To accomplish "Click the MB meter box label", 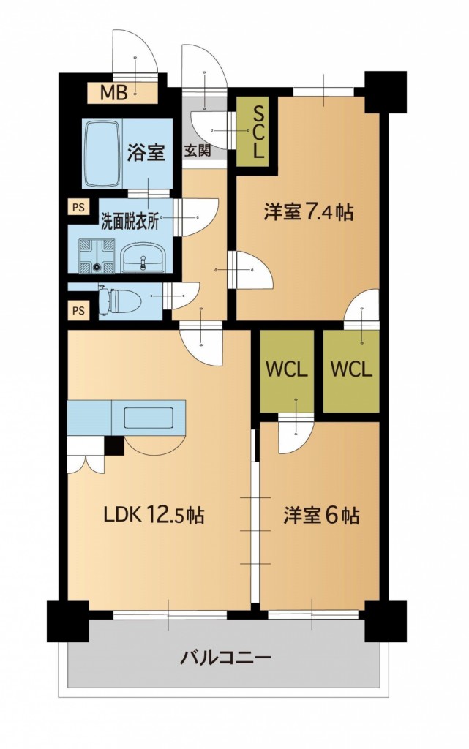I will pos(114,92).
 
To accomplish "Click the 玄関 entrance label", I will pos(197,152).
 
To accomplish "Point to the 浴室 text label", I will pos(146,152).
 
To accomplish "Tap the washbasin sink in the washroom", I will pos(144,257).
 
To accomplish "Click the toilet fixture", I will pos(110,300).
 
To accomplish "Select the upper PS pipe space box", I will pos(78,207).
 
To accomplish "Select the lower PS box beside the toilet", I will pos(78,310).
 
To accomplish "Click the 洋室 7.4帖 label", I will pos(309,213).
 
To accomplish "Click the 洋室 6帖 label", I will pos(321,516).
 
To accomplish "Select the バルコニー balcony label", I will pos(226,657).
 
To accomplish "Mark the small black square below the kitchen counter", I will pos(113,445).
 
